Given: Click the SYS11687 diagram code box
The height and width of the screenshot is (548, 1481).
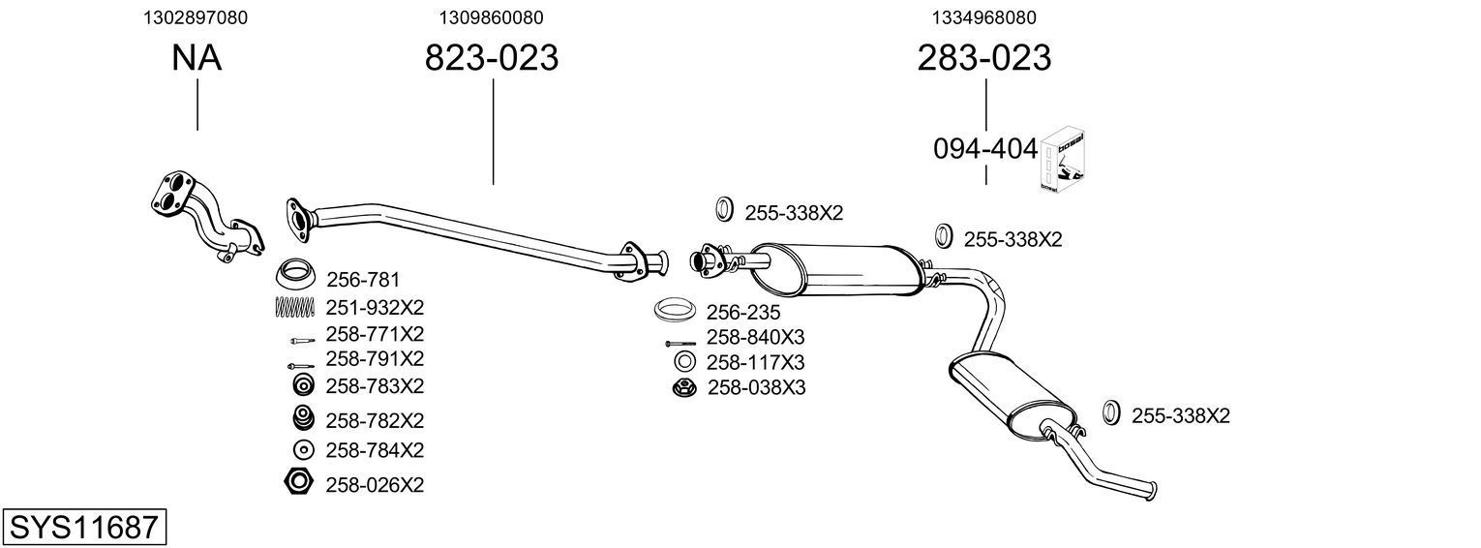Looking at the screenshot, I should pyautogui.click(x=83, y=528).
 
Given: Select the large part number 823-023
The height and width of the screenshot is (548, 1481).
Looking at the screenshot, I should pyautogui.click(x=492, y=58).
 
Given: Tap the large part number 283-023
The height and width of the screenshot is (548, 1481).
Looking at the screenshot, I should pyautogui.click(x=983, y=58).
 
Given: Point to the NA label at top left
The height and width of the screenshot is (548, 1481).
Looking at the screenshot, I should pyautogui.click(x=196, y=58).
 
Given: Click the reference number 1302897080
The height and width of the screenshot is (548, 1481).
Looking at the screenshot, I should pyautogui.click(x=195, y=17).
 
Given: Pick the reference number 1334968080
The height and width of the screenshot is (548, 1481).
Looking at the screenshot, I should pyautogui.click(x=984, y=17).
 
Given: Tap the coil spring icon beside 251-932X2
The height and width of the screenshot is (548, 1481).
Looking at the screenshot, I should pyautogui.click(x=295, y=308).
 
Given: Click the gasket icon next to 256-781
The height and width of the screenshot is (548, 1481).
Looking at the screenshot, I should pyautogui.click(x=296, y=274).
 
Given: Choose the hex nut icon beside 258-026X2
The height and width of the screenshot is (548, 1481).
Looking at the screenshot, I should pyautogui.click(x=298, y=481).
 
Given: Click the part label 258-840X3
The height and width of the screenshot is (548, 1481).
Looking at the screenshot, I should pyautogui.click(x=755, y=337).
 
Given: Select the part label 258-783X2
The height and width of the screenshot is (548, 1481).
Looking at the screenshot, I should pyautogui.click(x=375, y=385).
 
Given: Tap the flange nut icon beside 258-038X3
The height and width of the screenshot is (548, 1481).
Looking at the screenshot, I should pyautogui.click(x=683, y=388).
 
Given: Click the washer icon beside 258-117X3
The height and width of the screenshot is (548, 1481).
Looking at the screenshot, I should pyautogui.click(x=683, y=362).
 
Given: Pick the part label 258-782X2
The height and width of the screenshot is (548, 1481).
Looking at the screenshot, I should pyautogui.click(x=375, y=420).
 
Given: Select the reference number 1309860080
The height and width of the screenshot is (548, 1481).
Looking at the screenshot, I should pyautogui.click(x=491, y=17).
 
